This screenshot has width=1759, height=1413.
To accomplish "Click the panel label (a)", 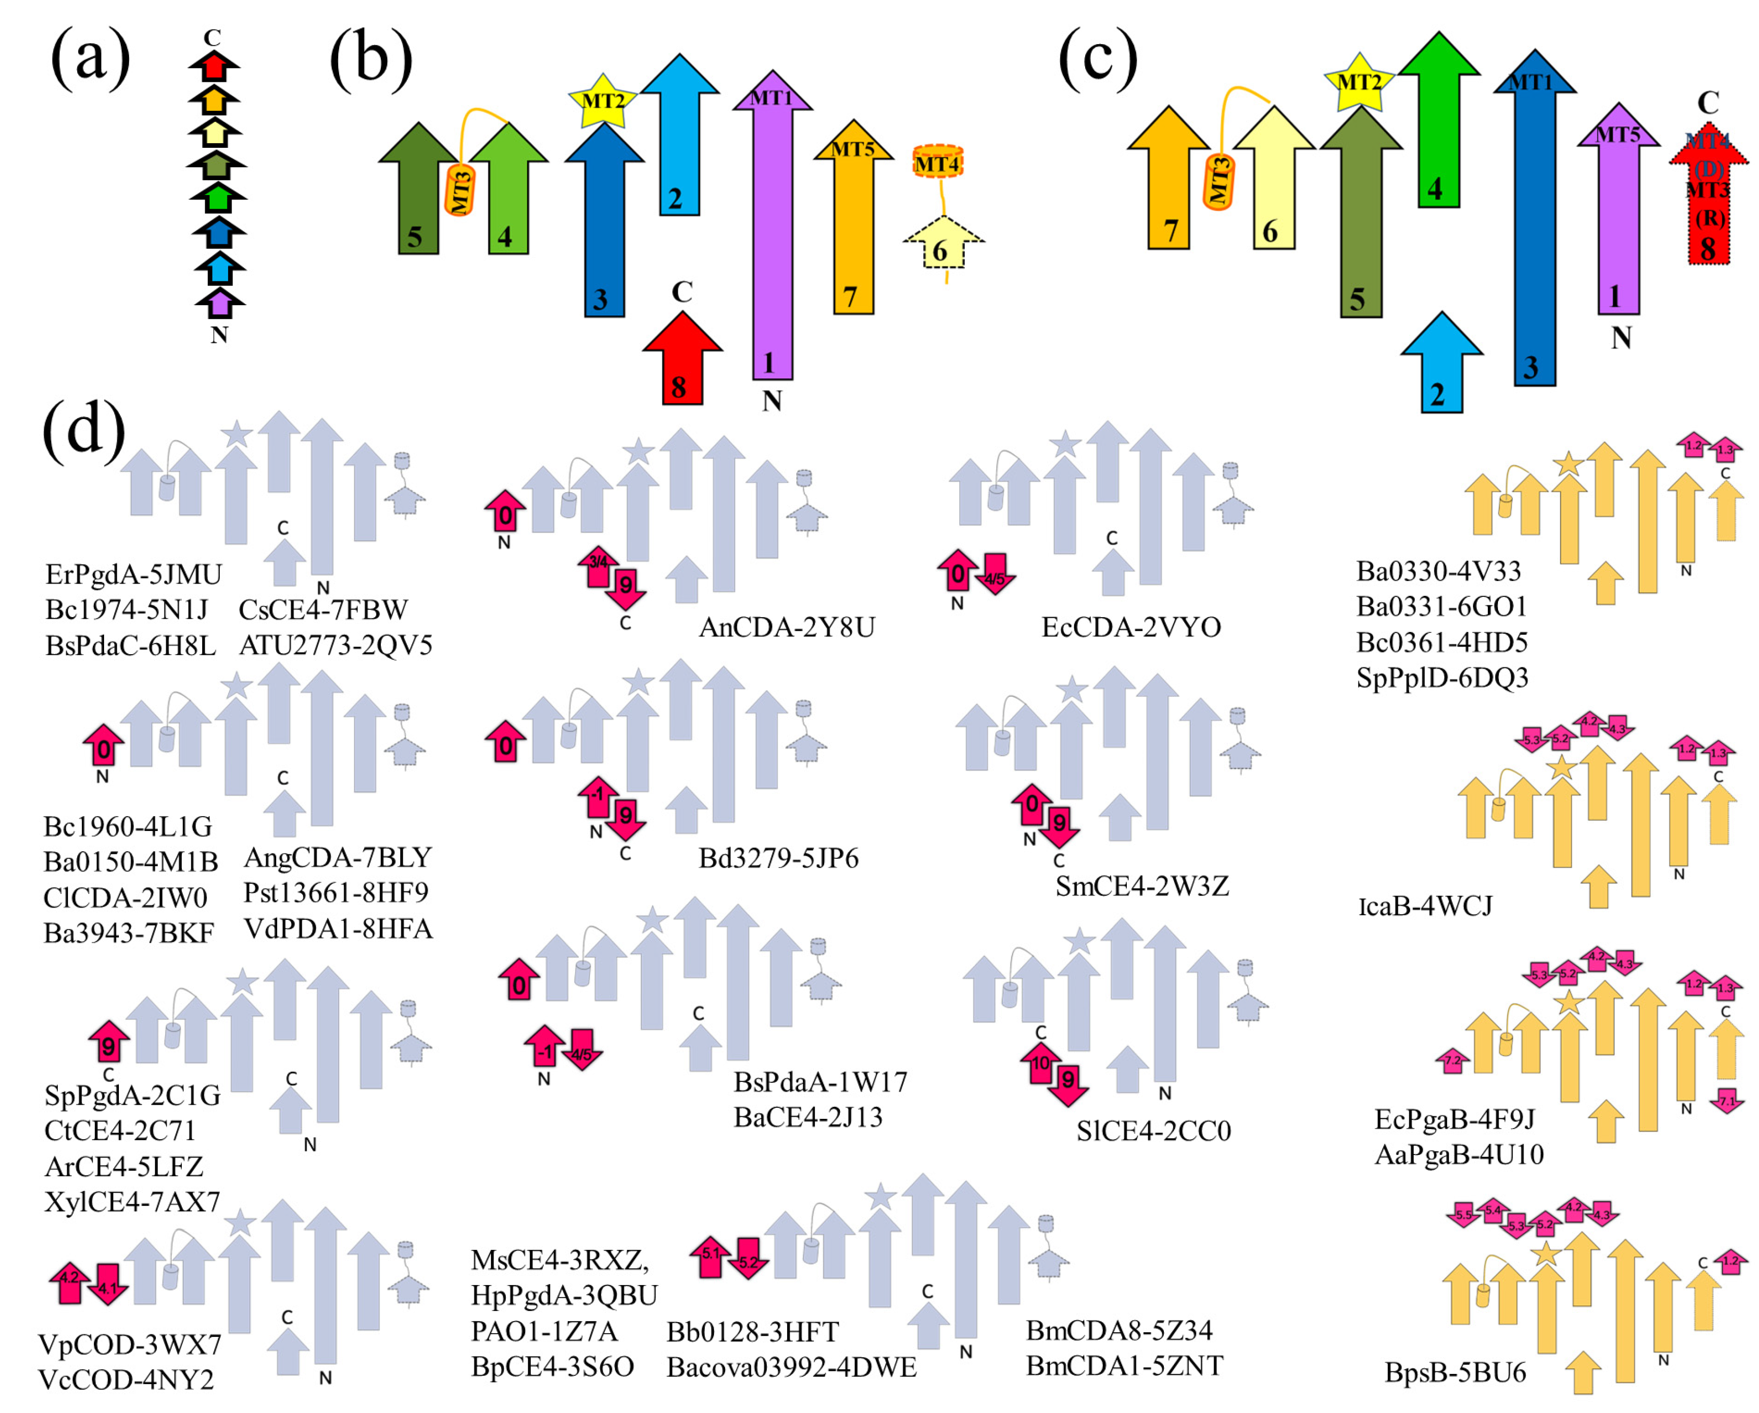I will (x=90, y=59).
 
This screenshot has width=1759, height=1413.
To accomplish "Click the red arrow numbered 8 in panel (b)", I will (x=681, y=363).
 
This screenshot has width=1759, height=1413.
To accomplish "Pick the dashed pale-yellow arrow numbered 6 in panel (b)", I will (x=943, y=245).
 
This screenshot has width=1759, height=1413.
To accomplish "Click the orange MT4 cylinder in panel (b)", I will (x=937, y=163).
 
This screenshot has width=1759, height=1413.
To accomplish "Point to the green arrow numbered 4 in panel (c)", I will (x=1439, y=122).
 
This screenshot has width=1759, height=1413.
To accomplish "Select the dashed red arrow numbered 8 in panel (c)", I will (x=1708, y=200).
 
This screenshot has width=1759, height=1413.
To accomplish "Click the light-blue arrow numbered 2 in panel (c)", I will (x=1441, y=367).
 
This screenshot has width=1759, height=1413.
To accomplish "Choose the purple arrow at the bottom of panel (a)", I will (x=219, y=304).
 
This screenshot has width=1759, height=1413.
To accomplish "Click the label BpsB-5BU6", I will (x=1455, y=1372).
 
